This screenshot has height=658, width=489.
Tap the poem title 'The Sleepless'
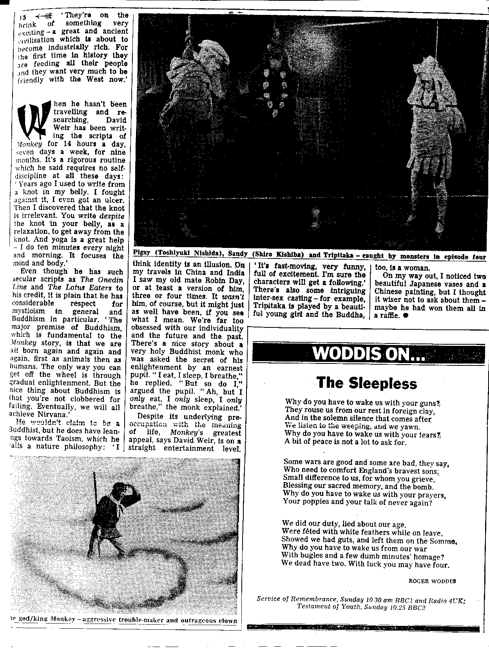366,383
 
